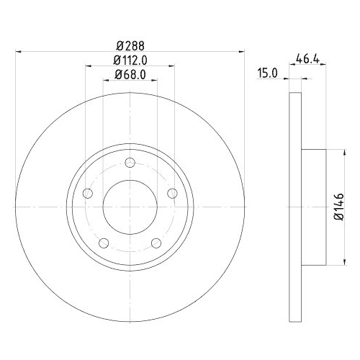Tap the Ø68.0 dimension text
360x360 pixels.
(x=129, y=73)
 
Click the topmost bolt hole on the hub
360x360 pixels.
(x=130, y=163)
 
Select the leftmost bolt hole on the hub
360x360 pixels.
(x=88, y=193)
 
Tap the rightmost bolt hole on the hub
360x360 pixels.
(x=171, y=193)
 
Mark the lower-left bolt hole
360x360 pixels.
(x=104, y=242)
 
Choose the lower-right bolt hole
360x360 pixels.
(x=156, y=242)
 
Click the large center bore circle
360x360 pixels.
(x=129, y=204)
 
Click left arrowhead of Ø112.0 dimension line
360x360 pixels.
(x=89, y=66)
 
